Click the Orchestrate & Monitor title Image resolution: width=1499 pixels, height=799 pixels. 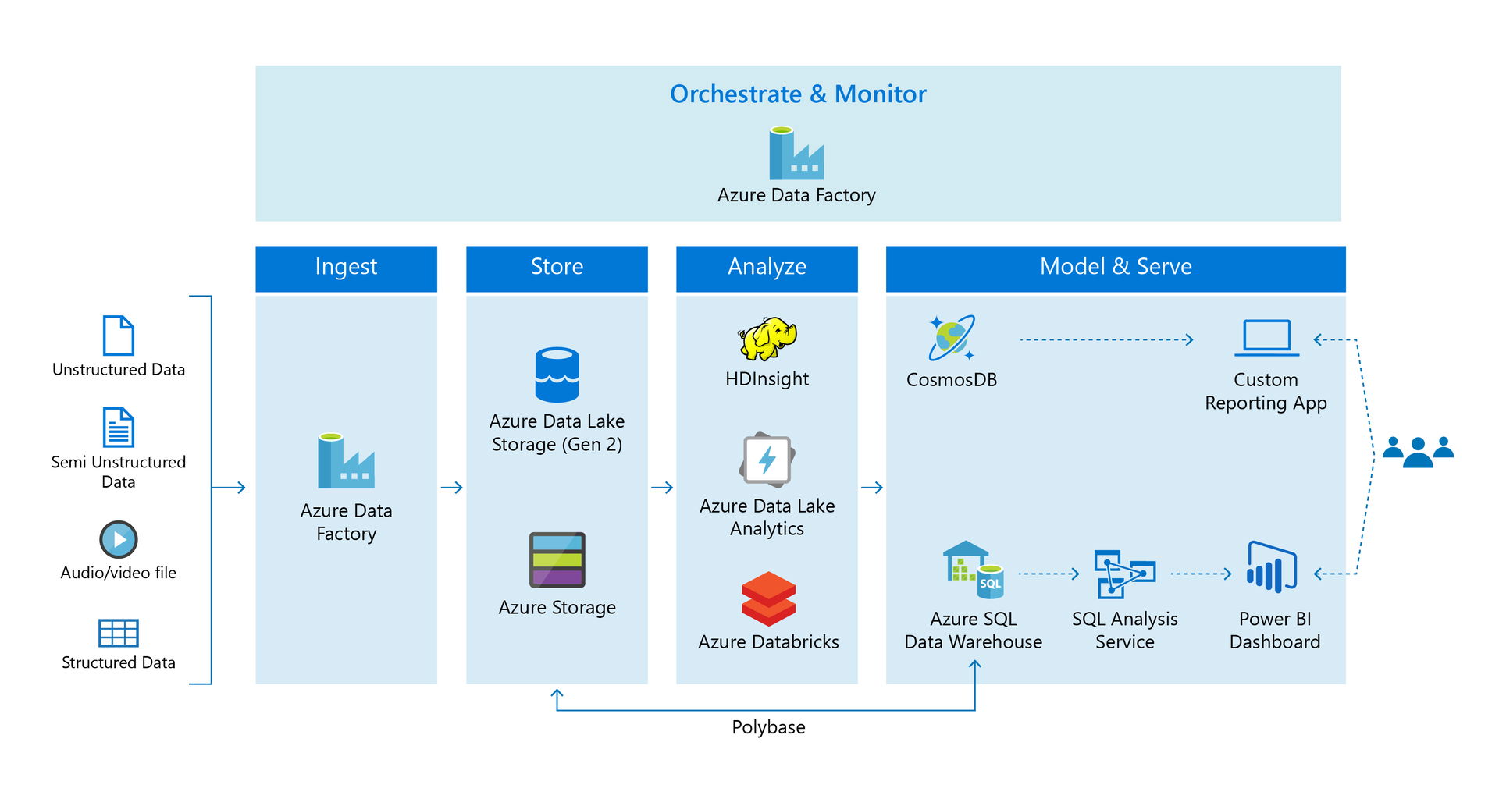coord(798,94)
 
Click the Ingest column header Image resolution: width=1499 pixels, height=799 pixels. coord(346,267)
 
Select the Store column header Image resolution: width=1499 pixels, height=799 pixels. coord(557,267)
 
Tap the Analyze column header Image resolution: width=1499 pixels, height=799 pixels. coord(767,267)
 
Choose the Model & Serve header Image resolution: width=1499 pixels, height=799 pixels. coord(1116,267)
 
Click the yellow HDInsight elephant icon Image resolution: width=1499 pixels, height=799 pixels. coord(767,339)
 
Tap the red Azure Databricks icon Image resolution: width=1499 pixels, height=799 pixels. coord(768,598)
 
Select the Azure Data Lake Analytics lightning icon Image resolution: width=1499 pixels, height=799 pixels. coord(767,460)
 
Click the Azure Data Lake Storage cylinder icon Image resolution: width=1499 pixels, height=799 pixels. coord(557,375)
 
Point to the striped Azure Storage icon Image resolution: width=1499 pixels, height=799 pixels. coord(557,559)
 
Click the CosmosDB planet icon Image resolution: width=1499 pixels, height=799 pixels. coord(952,338)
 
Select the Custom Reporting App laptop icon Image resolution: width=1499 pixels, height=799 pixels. coord(1266,338)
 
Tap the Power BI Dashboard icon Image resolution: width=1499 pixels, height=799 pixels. coord(1272,568)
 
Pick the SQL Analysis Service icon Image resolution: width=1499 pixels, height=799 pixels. coord(1124,574)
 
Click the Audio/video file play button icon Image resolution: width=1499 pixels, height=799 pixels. coord(119,539)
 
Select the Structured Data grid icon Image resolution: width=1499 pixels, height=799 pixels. coord(119,633)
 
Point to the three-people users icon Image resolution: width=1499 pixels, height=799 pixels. coord(1418,451)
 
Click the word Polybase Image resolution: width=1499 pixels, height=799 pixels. coord(768,727)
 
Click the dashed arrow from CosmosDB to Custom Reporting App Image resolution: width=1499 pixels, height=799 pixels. coord(1106,339)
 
